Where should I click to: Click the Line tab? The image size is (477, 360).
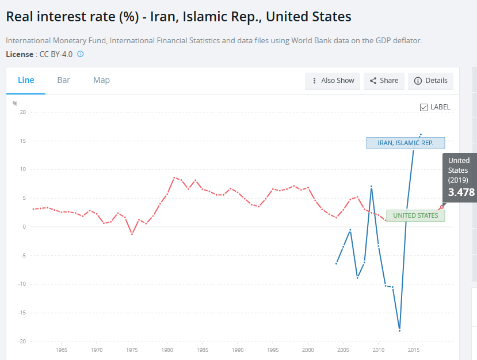coord(26,80)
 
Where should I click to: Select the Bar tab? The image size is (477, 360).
coord(64,80)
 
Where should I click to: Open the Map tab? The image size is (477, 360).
coord(101,80)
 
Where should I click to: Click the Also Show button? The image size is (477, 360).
coord(333,81)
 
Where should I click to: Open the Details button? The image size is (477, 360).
coord(430,81)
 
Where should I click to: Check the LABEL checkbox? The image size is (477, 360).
coord(424,107)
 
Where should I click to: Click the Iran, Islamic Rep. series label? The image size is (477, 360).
coord(405,143)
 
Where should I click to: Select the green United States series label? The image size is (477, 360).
coord(415,215)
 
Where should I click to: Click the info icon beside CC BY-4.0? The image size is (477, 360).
coord(81,54)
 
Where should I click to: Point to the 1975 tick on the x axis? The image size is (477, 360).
coord(132,350)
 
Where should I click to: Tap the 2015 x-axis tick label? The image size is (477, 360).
coord(413,350)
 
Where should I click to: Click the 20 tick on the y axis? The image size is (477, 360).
coord(23,112)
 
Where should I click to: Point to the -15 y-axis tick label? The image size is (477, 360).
coord(22,313)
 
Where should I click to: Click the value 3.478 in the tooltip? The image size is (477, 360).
coord(461,192)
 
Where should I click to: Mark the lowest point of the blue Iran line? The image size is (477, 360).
coord(399,330)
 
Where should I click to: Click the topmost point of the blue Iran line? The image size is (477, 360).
coord(421,134)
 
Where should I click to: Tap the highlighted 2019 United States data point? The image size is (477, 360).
coord(441,207)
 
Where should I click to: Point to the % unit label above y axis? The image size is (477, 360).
coord(15,103)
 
